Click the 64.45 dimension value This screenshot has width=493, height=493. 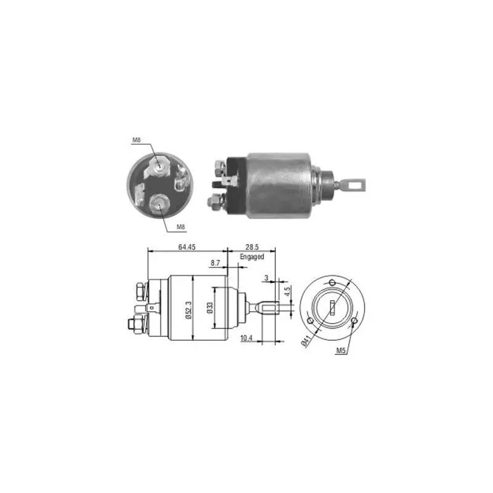[187, 247]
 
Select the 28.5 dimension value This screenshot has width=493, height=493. [252, 247]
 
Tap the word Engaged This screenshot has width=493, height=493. [252, 257]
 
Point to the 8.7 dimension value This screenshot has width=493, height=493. [215, 263]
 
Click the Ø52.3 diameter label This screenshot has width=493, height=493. [189, 310]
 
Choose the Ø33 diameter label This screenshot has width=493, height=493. [210, 308]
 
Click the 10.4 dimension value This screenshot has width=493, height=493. [246, 338]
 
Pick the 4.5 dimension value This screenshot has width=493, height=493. [288, 291]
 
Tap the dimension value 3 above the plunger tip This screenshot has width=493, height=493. [267, 278]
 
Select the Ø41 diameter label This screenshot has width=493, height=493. [306, 341]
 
